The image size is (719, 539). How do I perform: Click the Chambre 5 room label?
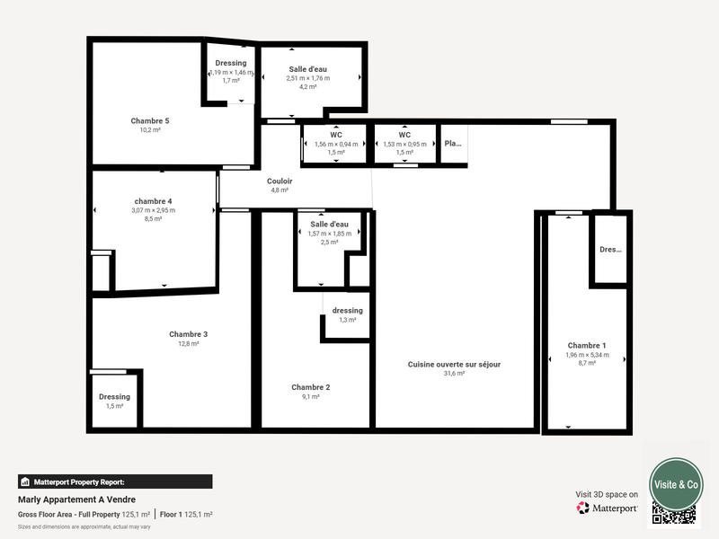pyautogui.click(x=150, y=120)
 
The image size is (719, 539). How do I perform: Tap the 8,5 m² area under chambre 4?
pyautogui.click(x=153, y=219)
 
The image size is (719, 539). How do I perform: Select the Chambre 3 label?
pyautogui.click(x=189, y=334)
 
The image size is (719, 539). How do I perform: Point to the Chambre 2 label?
pyautogui.click(x=311, y=387)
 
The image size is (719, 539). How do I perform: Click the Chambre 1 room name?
pyautogui.click(x=587, y=345)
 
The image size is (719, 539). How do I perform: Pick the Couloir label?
pyautogui.click(x=280, y=181)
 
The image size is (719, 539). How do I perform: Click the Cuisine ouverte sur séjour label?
pyautogui.click(x=454, y=364)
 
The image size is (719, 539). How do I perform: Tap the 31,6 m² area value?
pyautogui.click(x=454, y=374)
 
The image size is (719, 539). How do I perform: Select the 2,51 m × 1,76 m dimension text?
pyautogui.click(x=308, y=78)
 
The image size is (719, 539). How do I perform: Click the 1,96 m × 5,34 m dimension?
pyautogui.click(x=587, y=355)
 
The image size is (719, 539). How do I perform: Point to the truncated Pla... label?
pyautogui.click(x=453, y=143)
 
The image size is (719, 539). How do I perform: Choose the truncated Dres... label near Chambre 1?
pyautogui.click(x=610, y=250)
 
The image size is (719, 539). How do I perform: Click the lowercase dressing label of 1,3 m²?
pyautogui.click(x=348, y=311)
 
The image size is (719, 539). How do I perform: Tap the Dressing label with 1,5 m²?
pyautogui.click(x=114, y=396)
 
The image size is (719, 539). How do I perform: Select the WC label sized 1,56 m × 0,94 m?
pyautogui.click(x=336, y=135)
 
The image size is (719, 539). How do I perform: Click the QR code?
pyautogui.click(x=675, y=514)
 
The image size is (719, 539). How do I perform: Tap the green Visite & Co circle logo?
pyautogui.click(x=676, y=484)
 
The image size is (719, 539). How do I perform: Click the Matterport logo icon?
pyautogui.click(x=583, y=508)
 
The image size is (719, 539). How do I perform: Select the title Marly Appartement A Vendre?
pyautogui.click(x=76, y=499)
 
